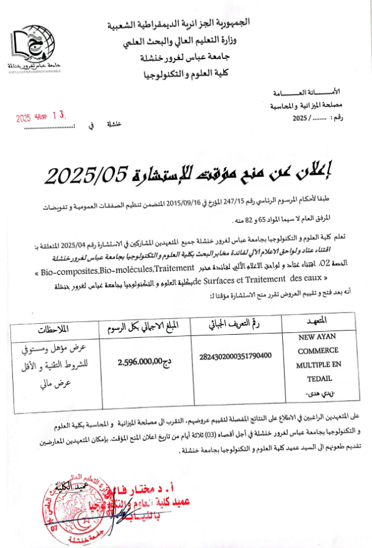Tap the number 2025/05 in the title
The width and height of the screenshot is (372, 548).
[83, 176]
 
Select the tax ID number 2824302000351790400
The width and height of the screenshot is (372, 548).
[235, 354]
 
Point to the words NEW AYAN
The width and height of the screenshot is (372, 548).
[317, 337]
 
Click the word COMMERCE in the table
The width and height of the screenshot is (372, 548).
[318, 351]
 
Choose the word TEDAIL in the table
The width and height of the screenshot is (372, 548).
[318, 378]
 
